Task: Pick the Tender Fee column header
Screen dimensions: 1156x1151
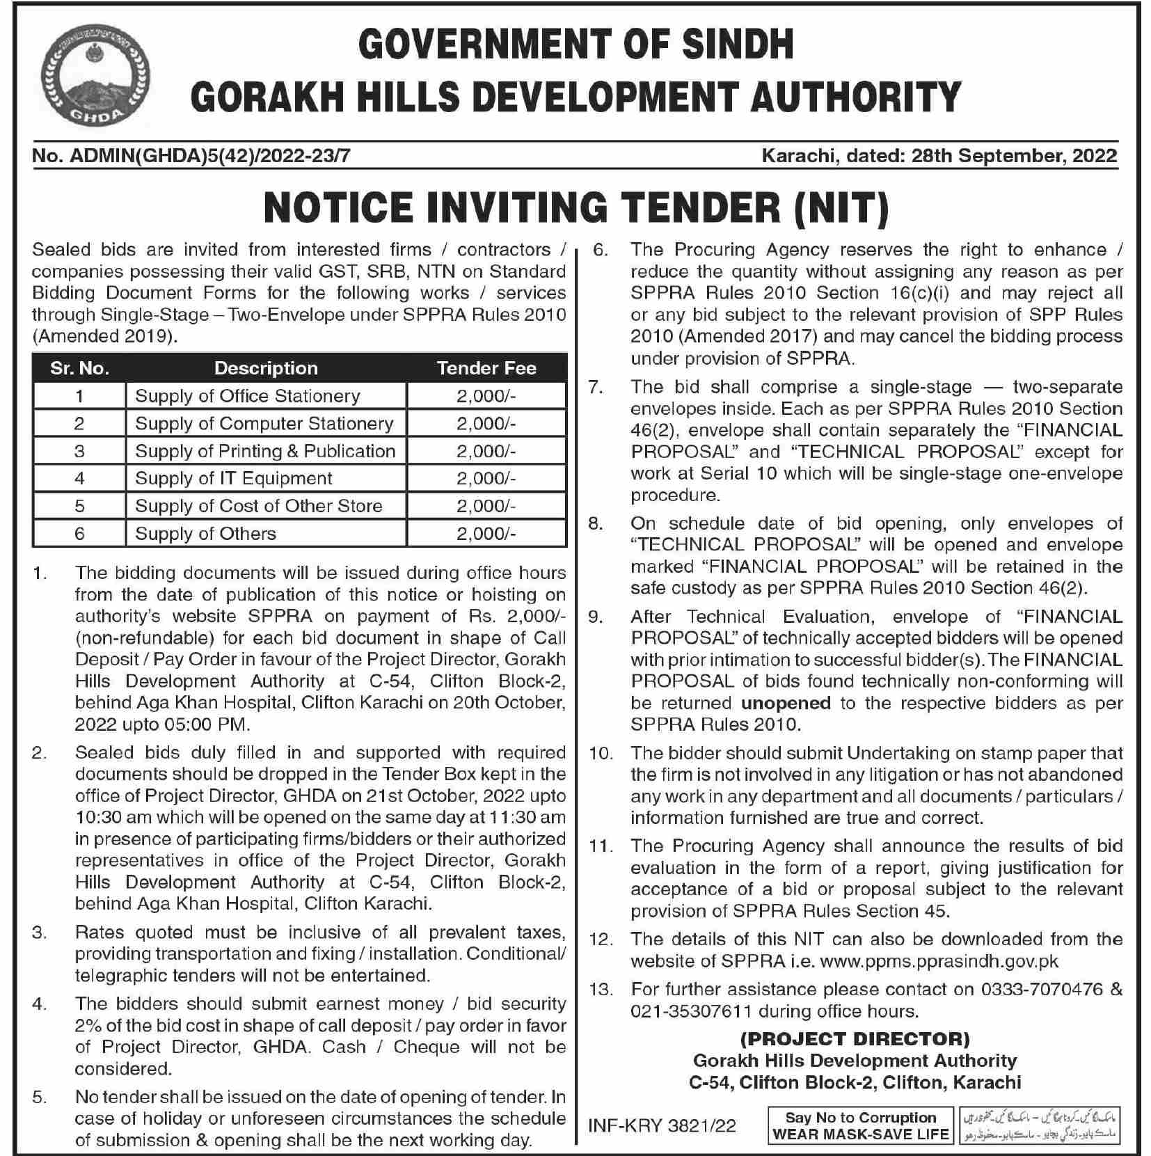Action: (486, 368)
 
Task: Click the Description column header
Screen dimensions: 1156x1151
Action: (266, 368)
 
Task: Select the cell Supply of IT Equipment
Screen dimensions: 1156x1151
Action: (234, 478)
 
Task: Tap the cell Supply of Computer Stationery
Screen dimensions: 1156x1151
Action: (264, 423)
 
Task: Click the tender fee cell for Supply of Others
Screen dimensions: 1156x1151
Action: (486, 534)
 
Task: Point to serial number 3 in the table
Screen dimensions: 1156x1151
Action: (79, 451)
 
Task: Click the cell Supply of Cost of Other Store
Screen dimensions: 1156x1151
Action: (258, 506)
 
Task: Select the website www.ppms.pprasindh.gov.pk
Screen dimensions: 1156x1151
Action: (939, 961)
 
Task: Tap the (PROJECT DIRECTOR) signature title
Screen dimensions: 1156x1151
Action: (855, 1039)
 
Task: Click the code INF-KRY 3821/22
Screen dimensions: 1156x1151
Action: (662, 1126)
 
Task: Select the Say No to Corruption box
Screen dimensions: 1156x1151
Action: (860, 1126)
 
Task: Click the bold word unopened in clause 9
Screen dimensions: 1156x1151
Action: (786, 703)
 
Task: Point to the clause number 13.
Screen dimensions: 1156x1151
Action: (601, 989)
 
